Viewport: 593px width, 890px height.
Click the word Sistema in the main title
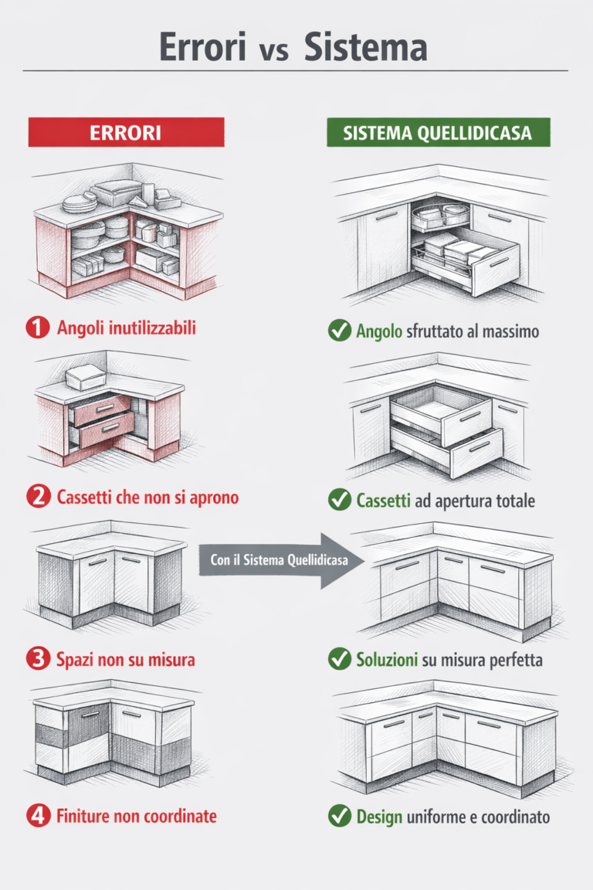pos(365,47)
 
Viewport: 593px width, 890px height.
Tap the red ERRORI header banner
pos(126,132)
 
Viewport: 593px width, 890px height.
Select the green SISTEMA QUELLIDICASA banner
pos(437,132)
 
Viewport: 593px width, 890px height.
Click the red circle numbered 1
pos(37,328)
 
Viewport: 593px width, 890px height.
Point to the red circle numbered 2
pos(37,497)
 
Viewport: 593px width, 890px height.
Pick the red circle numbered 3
pos(37,659)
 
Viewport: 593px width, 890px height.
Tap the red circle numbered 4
pos(37,816)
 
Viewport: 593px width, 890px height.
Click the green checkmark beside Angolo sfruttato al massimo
pos(339,331)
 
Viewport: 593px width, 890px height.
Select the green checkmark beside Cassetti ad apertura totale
pos(339,501)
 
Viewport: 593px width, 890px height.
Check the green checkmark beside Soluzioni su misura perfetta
pos(339,660)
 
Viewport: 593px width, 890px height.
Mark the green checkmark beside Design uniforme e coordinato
pos(339,817)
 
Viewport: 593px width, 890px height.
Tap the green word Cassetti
pos(384,501)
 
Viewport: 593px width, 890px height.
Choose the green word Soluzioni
pos(387,660)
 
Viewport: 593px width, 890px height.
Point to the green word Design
pos(379,817)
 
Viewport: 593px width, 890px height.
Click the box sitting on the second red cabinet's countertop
pos(86,378)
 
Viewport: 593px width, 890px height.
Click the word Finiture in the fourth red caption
pos(83,816)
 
